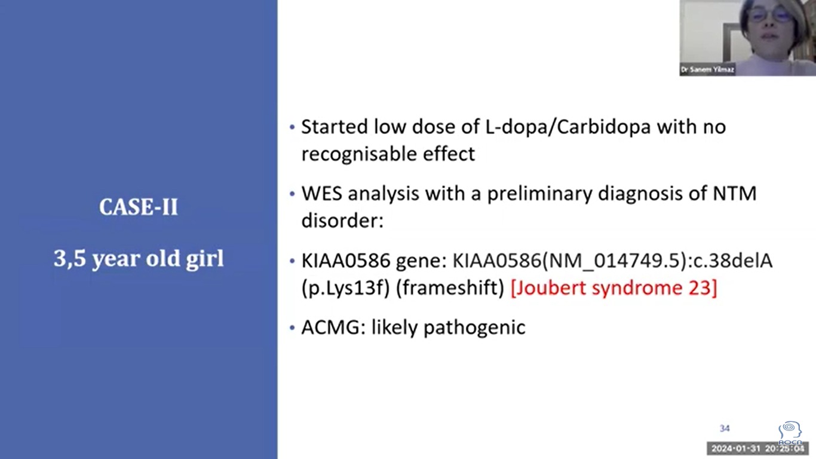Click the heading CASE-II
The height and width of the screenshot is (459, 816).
(x=139, y=207)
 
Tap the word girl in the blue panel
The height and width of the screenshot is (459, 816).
(x=205, y=259)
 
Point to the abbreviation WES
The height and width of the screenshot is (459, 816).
(x=321, y=194)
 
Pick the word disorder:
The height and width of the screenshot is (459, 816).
(x=342, y=220)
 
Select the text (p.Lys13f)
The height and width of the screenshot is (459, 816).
(x=346, y=288)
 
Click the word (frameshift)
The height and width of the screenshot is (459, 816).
(x=450, y=288)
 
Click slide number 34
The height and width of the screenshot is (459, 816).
(x=725, y=429)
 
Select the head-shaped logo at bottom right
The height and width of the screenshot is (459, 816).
(x=790, y=433)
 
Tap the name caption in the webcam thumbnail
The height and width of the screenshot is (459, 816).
(x=707, y=70)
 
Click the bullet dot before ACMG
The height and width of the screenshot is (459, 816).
(x=292, y=328)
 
